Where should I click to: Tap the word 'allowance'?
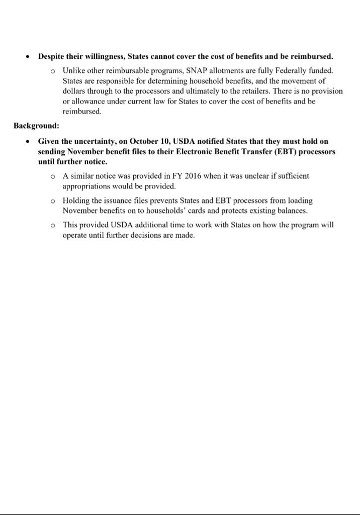[88, 101]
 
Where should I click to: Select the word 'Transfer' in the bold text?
[259, 152]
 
